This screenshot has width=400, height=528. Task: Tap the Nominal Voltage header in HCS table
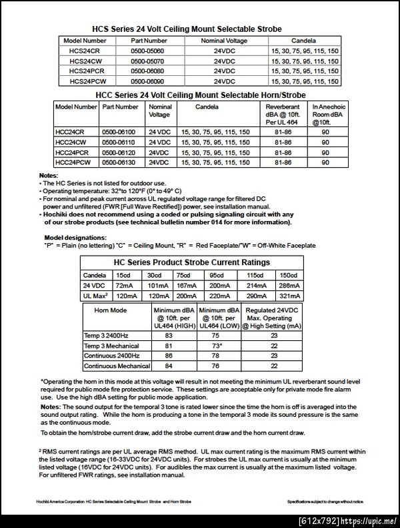click(x=225, y=41)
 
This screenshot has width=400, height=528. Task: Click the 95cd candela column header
click(x=216, y=275)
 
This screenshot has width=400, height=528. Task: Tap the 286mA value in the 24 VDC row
click(x=289, y=285)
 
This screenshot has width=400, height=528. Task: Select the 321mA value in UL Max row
click(x=289, y=295)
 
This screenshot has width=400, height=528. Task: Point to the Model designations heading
click(x=75, y=238)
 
